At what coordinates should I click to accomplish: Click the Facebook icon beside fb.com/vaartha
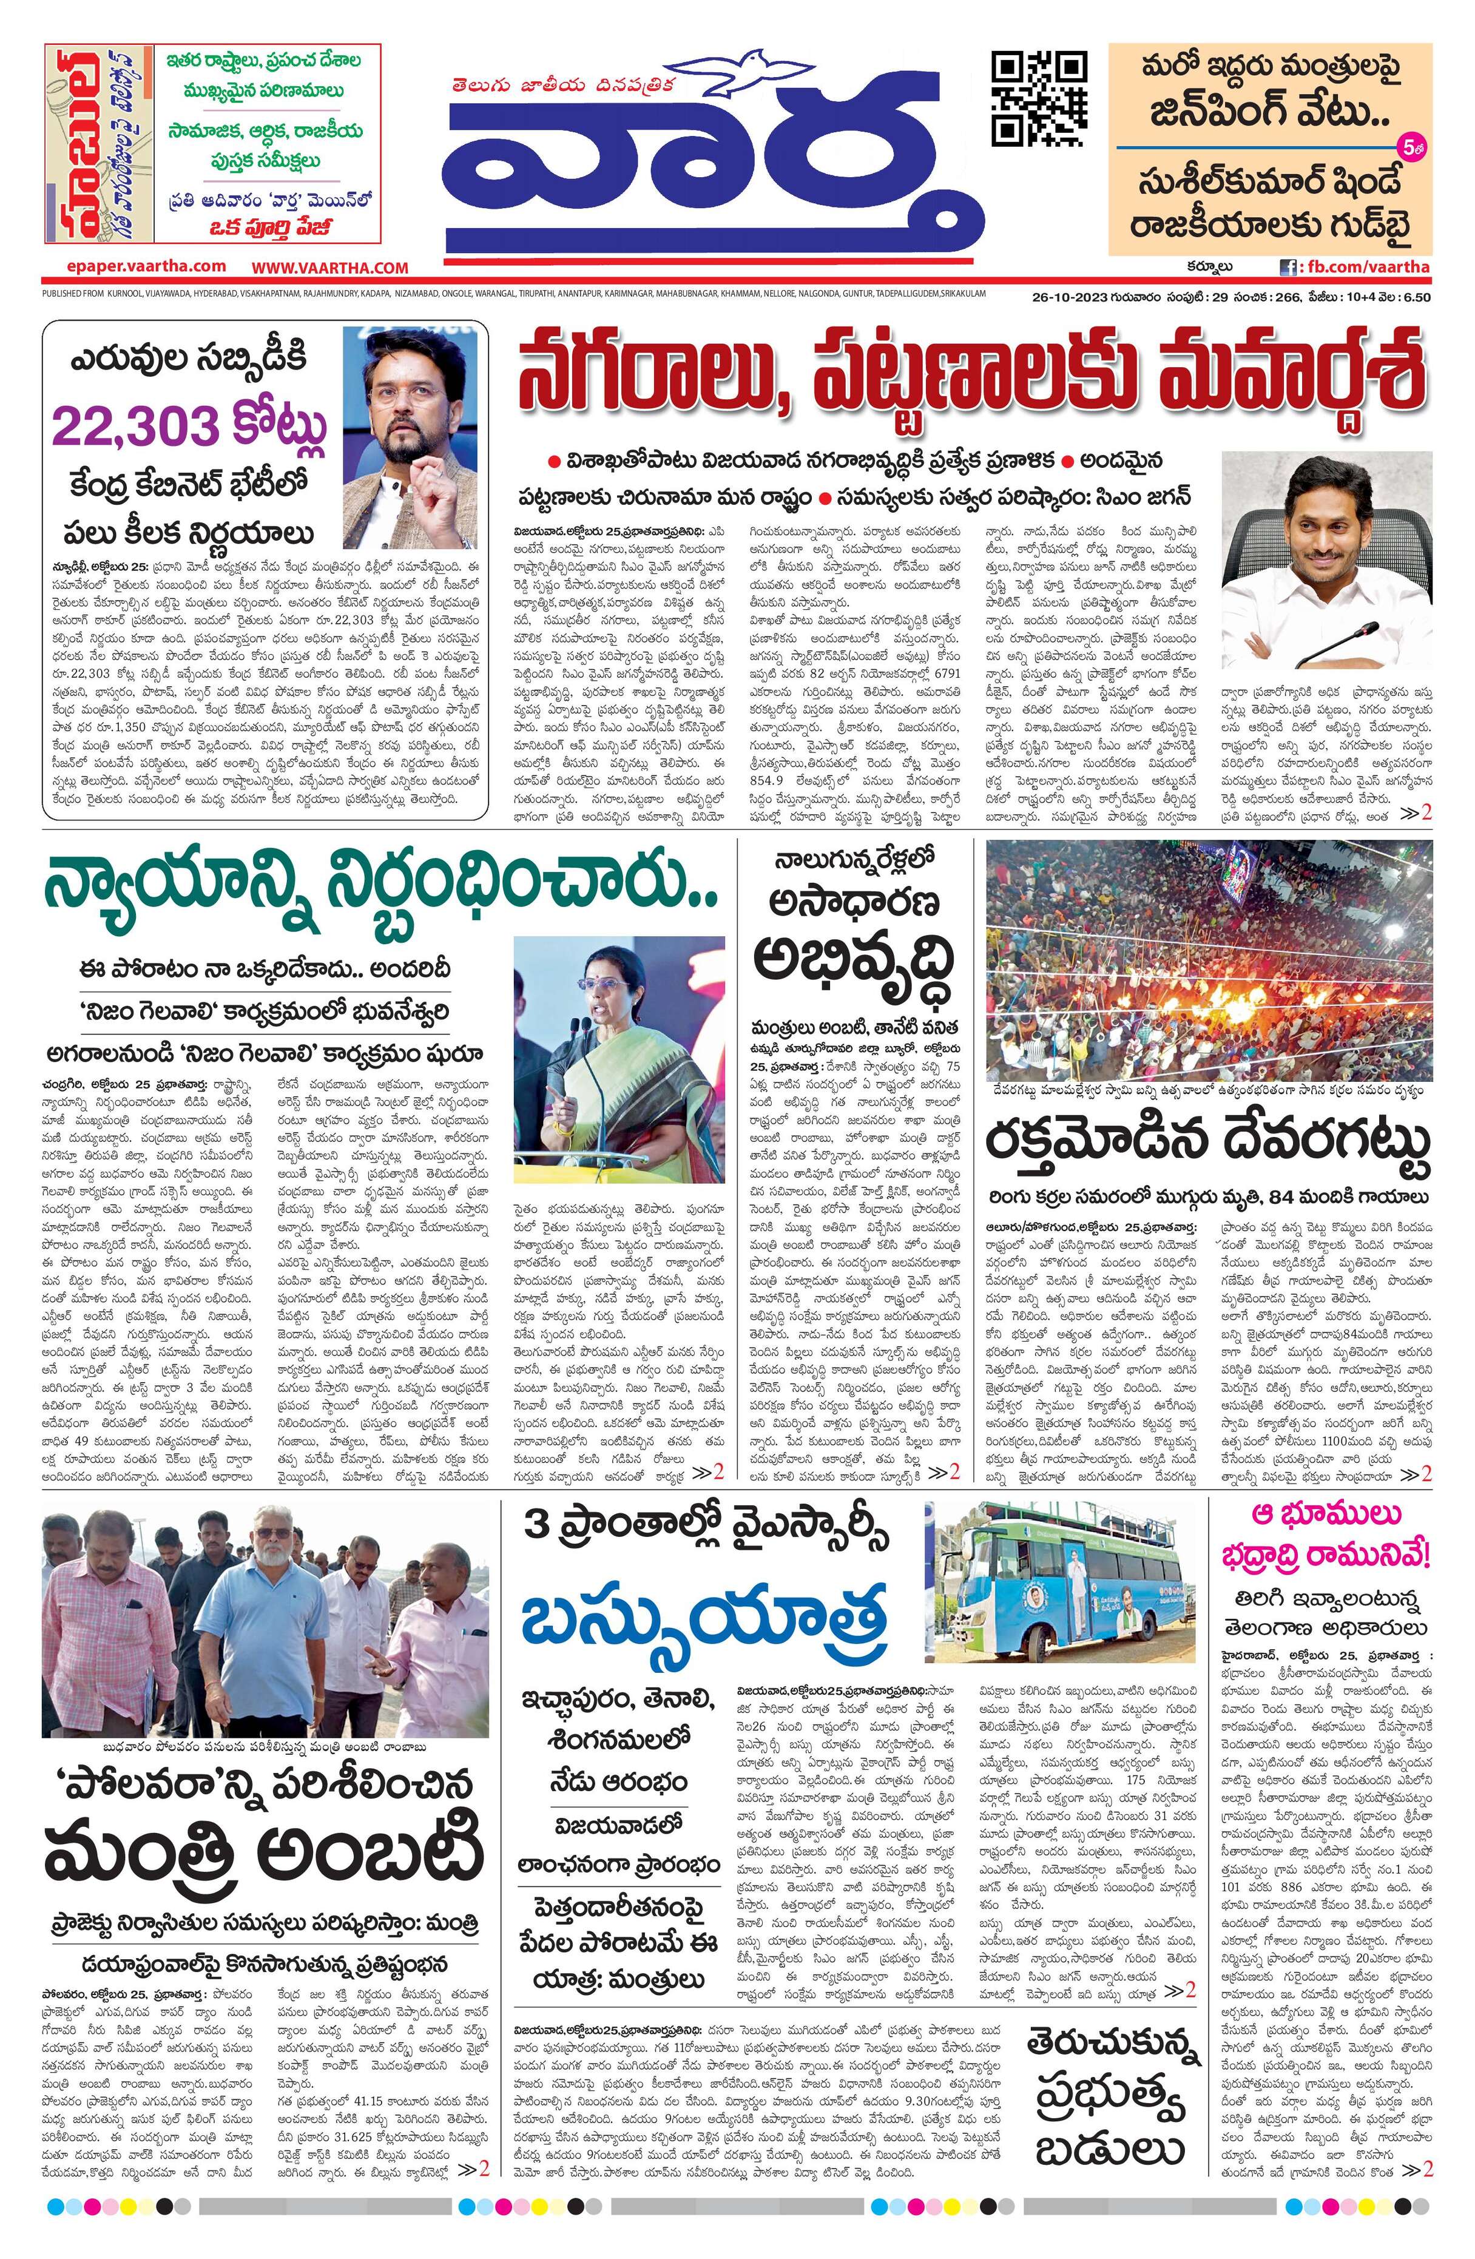1289,267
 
